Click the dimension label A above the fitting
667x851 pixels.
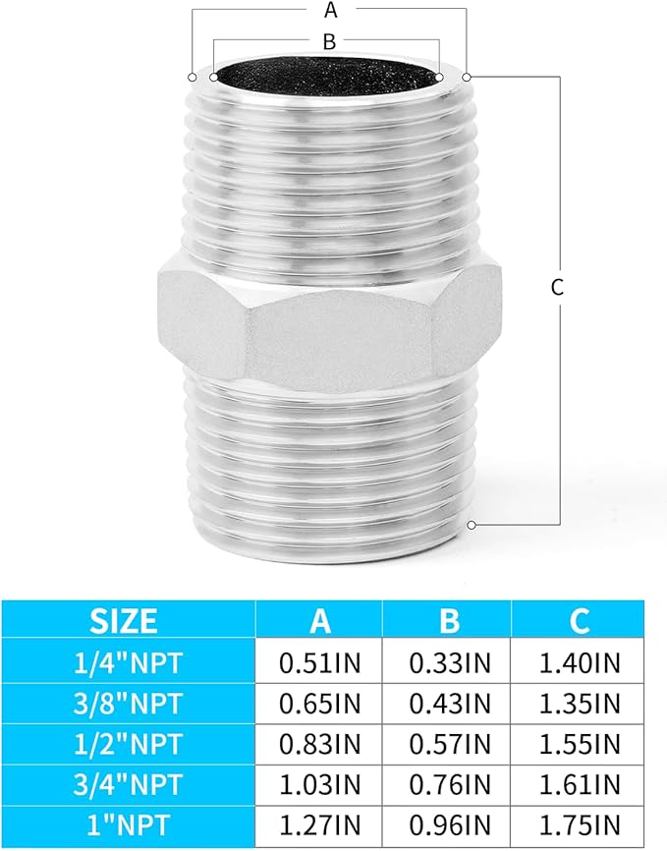coord(330,11)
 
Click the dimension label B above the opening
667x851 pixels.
coord(330,41)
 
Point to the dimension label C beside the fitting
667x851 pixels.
coord(556,287)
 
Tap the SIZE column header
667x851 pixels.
coord(124,620)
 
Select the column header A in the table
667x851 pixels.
coord(319,620)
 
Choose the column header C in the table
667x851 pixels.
coord(579,620)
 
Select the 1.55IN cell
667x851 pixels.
coord(579,745)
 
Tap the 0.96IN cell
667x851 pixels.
coord(448,826)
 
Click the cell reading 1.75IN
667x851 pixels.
coord(579,826)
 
